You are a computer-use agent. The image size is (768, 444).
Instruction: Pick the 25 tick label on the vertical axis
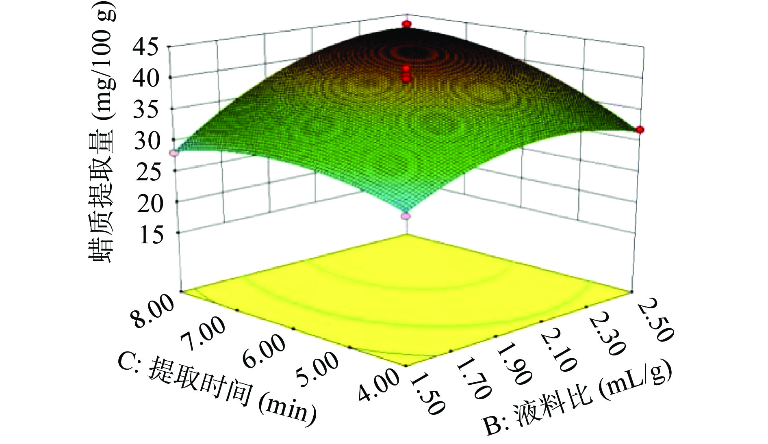(x=148, y=172)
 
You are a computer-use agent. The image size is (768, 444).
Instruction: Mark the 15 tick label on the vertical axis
(x=151, y=235)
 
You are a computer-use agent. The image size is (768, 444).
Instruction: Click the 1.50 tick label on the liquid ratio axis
(x=427, y=394)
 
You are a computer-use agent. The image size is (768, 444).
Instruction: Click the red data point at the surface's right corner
(x=640, y=130)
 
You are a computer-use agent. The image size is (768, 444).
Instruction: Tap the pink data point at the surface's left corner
(x=174, y=153)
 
